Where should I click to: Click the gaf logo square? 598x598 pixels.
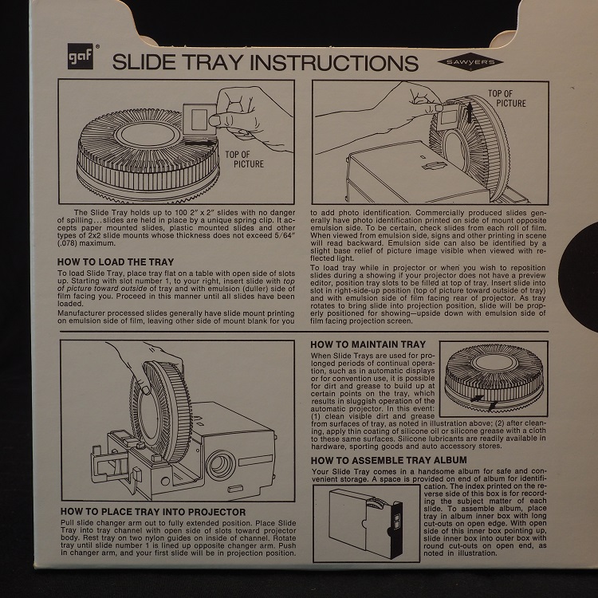[x=80, y=56]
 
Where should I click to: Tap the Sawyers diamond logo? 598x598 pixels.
[x=470, y=62]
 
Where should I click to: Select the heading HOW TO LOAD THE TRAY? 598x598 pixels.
[x=116, y=262]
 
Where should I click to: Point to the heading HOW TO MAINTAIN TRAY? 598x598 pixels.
[x=368, y=344]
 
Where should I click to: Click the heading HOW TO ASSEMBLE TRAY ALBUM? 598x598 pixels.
[x=388, y=460]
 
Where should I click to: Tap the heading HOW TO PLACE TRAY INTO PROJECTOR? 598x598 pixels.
[x=153, y=512]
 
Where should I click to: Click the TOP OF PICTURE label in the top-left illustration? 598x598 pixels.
[x=244, y=159]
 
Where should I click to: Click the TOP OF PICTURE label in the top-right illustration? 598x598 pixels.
[x=506, y=98]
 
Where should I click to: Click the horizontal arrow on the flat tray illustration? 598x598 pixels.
[x=200, y=143]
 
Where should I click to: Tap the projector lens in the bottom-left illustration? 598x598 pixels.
[x=220, y=465]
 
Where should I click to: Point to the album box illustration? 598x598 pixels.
[x=365, y=523]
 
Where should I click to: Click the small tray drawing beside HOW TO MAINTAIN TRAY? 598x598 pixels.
[x=494, y=379]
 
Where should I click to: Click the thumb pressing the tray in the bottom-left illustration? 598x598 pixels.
[x=145, y=389]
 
